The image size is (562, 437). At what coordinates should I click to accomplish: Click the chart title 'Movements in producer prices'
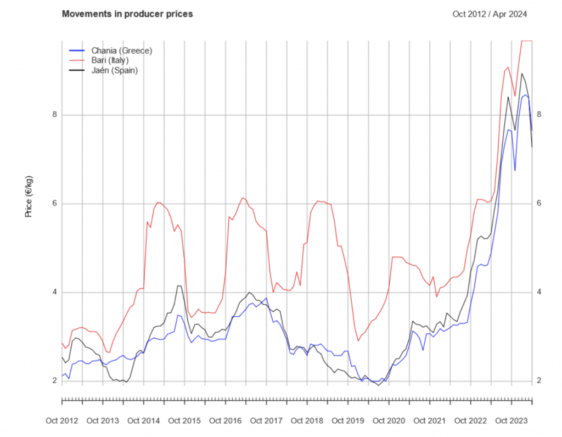pyautogui.click(x=127, y=14)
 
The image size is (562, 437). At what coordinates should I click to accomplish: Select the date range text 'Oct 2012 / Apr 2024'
pyautogui.click(x=490, y=14)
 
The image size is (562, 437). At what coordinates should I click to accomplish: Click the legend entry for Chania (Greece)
pyautogui.click(x=121, y=51)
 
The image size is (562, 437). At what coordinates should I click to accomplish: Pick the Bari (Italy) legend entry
pyautogui.click(x=110, y=60)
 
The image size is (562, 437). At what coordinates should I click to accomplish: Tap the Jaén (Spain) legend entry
pyautogui.click(x=114, y=70)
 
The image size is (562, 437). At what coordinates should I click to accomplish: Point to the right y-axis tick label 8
pyautogui.click(x=539, y=115)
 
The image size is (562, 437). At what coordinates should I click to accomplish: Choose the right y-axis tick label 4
pyautogui.click(x=539, y=292)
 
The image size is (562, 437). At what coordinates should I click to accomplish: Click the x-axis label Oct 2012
pyautogui.click(x=62, y=421)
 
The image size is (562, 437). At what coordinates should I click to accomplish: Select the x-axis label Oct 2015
pyautogui.click(x=184, y=421)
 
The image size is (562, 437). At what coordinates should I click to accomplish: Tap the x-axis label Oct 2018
pyautogui.click(x=307, y=421)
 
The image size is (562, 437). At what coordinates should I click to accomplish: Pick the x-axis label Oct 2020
pyautogui.click(x=389, y=421)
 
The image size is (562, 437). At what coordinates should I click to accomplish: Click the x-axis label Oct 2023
pyautogui.click(x=511, y=421)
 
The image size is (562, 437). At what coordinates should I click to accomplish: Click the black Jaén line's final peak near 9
pyautogui.click(x=521, y=73)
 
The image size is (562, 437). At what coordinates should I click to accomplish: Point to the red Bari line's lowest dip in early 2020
pyautogui.click(x=358, y=341)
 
